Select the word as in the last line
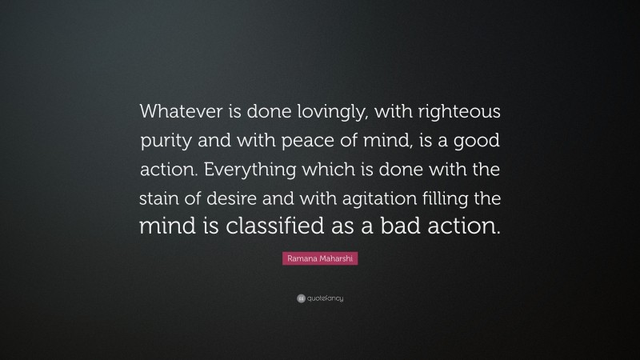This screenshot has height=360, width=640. coord(354,226)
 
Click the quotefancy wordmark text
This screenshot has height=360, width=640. coord(326,298)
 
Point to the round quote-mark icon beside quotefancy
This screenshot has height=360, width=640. coord(300,298)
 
